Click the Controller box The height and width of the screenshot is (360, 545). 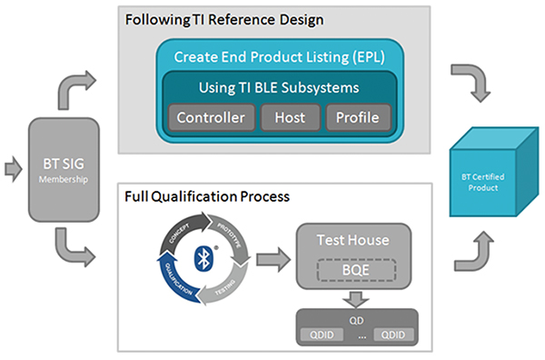tap(210, 118)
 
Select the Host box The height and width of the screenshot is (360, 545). tap(290, 118)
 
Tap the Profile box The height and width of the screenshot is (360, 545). tap(357, 118)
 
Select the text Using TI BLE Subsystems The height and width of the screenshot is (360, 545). tap(279, 89)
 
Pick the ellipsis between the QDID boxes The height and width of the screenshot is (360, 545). tap(358, 335)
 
